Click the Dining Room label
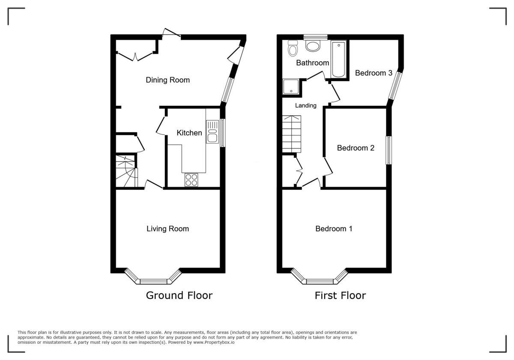click(167, 80)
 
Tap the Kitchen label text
click(189, 133)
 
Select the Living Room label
click(167, 229)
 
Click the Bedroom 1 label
click(334, 229)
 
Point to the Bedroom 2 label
click(356, 148)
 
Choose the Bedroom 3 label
click(374, 73)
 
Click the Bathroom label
click(313, 63)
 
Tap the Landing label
click(306, 105)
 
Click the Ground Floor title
click(179, 295)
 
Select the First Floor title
click(340, 295)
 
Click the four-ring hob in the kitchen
click(191, 180)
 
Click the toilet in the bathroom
click(293, 48)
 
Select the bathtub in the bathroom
click(338, 59)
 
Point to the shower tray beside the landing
click(291, 87)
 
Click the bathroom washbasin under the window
click(315, 45)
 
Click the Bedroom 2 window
click(388, 150)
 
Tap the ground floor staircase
click(126, 171)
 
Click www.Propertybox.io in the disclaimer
click(213, 342)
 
